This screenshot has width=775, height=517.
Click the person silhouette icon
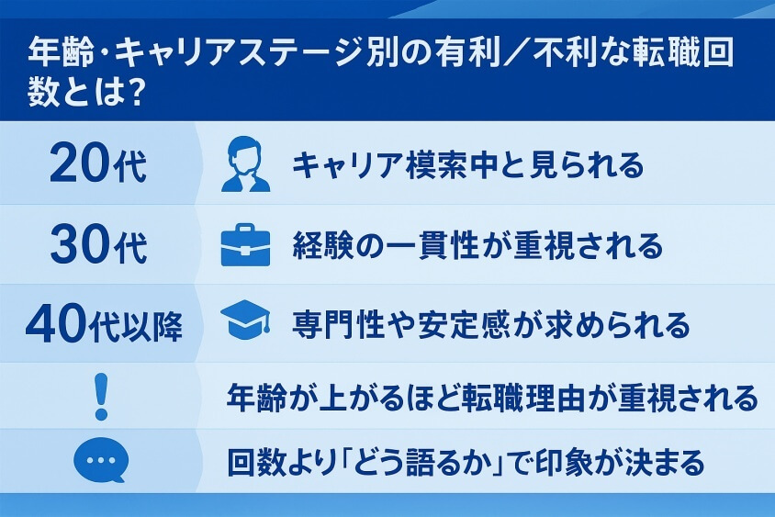pyautogui.click(x=246, y=164)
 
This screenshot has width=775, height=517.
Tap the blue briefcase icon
pyautogui.click(x=246, y=246)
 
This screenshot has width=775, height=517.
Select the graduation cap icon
pyautogui.click(x=246, y=321)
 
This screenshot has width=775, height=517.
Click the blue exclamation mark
pyautogui.click(x=101, y=397)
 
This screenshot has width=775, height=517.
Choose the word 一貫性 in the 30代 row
pyautogui.click(x=426, y=246)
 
